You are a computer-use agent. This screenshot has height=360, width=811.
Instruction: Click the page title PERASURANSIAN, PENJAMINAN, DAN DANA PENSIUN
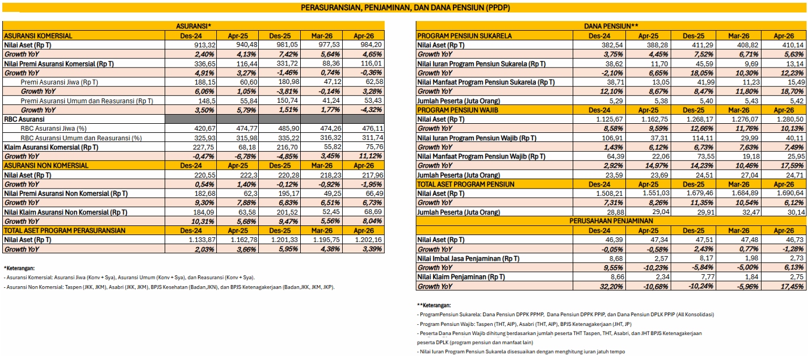pos(405,7)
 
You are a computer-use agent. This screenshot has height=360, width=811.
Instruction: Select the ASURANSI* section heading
pos(194,26)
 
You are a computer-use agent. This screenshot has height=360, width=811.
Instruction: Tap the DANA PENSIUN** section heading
pos(611,26)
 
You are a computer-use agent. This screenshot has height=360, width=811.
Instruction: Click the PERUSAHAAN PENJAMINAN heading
pos(611,221)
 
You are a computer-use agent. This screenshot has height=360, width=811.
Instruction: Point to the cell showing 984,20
pos(372,45)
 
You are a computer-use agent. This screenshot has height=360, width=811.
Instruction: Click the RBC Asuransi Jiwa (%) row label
pos(53,128)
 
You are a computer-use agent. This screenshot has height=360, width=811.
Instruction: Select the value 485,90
pos(287,128)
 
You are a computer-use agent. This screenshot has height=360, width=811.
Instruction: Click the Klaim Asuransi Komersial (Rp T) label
pos(51,147)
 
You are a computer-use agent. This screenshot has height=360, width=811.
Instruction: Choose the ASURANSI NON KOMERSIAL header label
pos(46,165)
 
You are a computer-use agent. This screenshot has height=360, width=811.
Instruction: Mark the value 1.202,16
pos(368,240)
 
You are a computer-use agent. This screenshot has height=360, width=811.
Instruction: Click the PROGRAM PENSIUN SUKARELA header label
pos(464,36)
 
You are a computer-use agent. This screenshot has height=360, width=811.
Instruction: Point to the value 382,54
pos(612,45)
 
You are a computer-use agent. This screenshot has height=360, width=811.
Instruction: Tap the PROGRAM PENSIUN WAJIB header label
pos(457,110)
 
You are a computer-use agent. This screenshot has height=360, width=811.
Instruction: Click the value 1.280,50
pos(790,119)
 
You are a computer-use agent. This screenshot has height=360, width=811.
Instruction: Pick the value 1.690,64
pos(790,194)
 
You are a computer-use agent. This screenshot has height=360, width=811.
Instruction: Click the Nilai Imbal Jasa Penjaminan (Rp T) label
pos(468,258)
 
